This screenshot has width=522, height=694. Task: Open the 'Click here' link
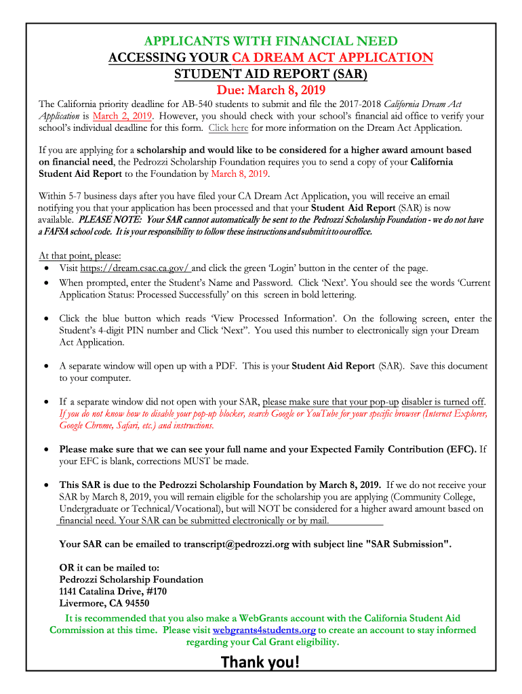pos(228,127)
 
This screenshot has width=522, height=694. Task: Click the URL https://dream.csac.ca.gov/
pos(135,268)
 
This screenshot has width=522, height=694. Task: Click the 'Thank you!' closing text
pos(260,662)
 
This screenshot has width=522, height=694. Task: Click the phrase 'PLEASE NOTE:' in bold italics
pos(111,220)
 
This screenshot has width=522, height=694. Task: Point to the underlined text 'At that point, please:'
pos(80,256)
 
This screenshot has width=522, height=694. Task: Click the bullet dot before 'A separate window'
pos(45,366)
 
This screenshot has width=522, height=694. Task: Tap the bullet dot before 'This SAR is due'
pos(45,485)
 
